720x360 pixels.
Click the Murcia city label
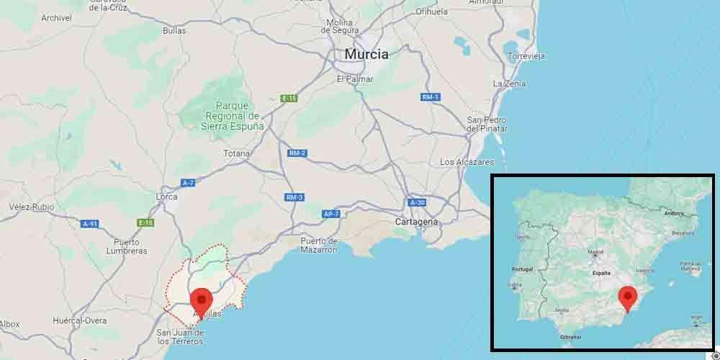tap(366, 54)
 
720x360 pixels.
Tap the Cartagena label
tap(416, 222)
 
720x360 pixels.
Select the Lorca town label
tap(166, 196)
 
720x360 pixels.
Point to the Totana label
tap(236, 153)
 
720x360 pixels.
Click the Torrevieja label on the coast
tap(526, 55)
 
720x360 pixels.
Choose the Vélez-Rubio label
tap(31, 207)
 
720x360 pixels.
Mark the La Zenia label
tap(509, 84)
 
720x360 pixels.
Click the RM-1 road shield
tap(431, 96)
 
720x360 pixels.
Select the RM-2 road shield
tap(297, 153)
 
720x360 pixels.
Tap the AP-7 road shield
tap(331, 214)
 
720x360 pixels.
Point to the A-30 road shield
tap(418, 202)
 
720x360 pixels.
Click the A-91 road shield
tap(90, 224)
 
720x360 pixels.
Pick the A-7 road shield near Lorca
tap(188, 183)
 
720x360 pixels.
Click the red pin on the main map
tap(201, 301)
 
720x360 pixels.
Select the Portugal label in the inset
tap(521, 269)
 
